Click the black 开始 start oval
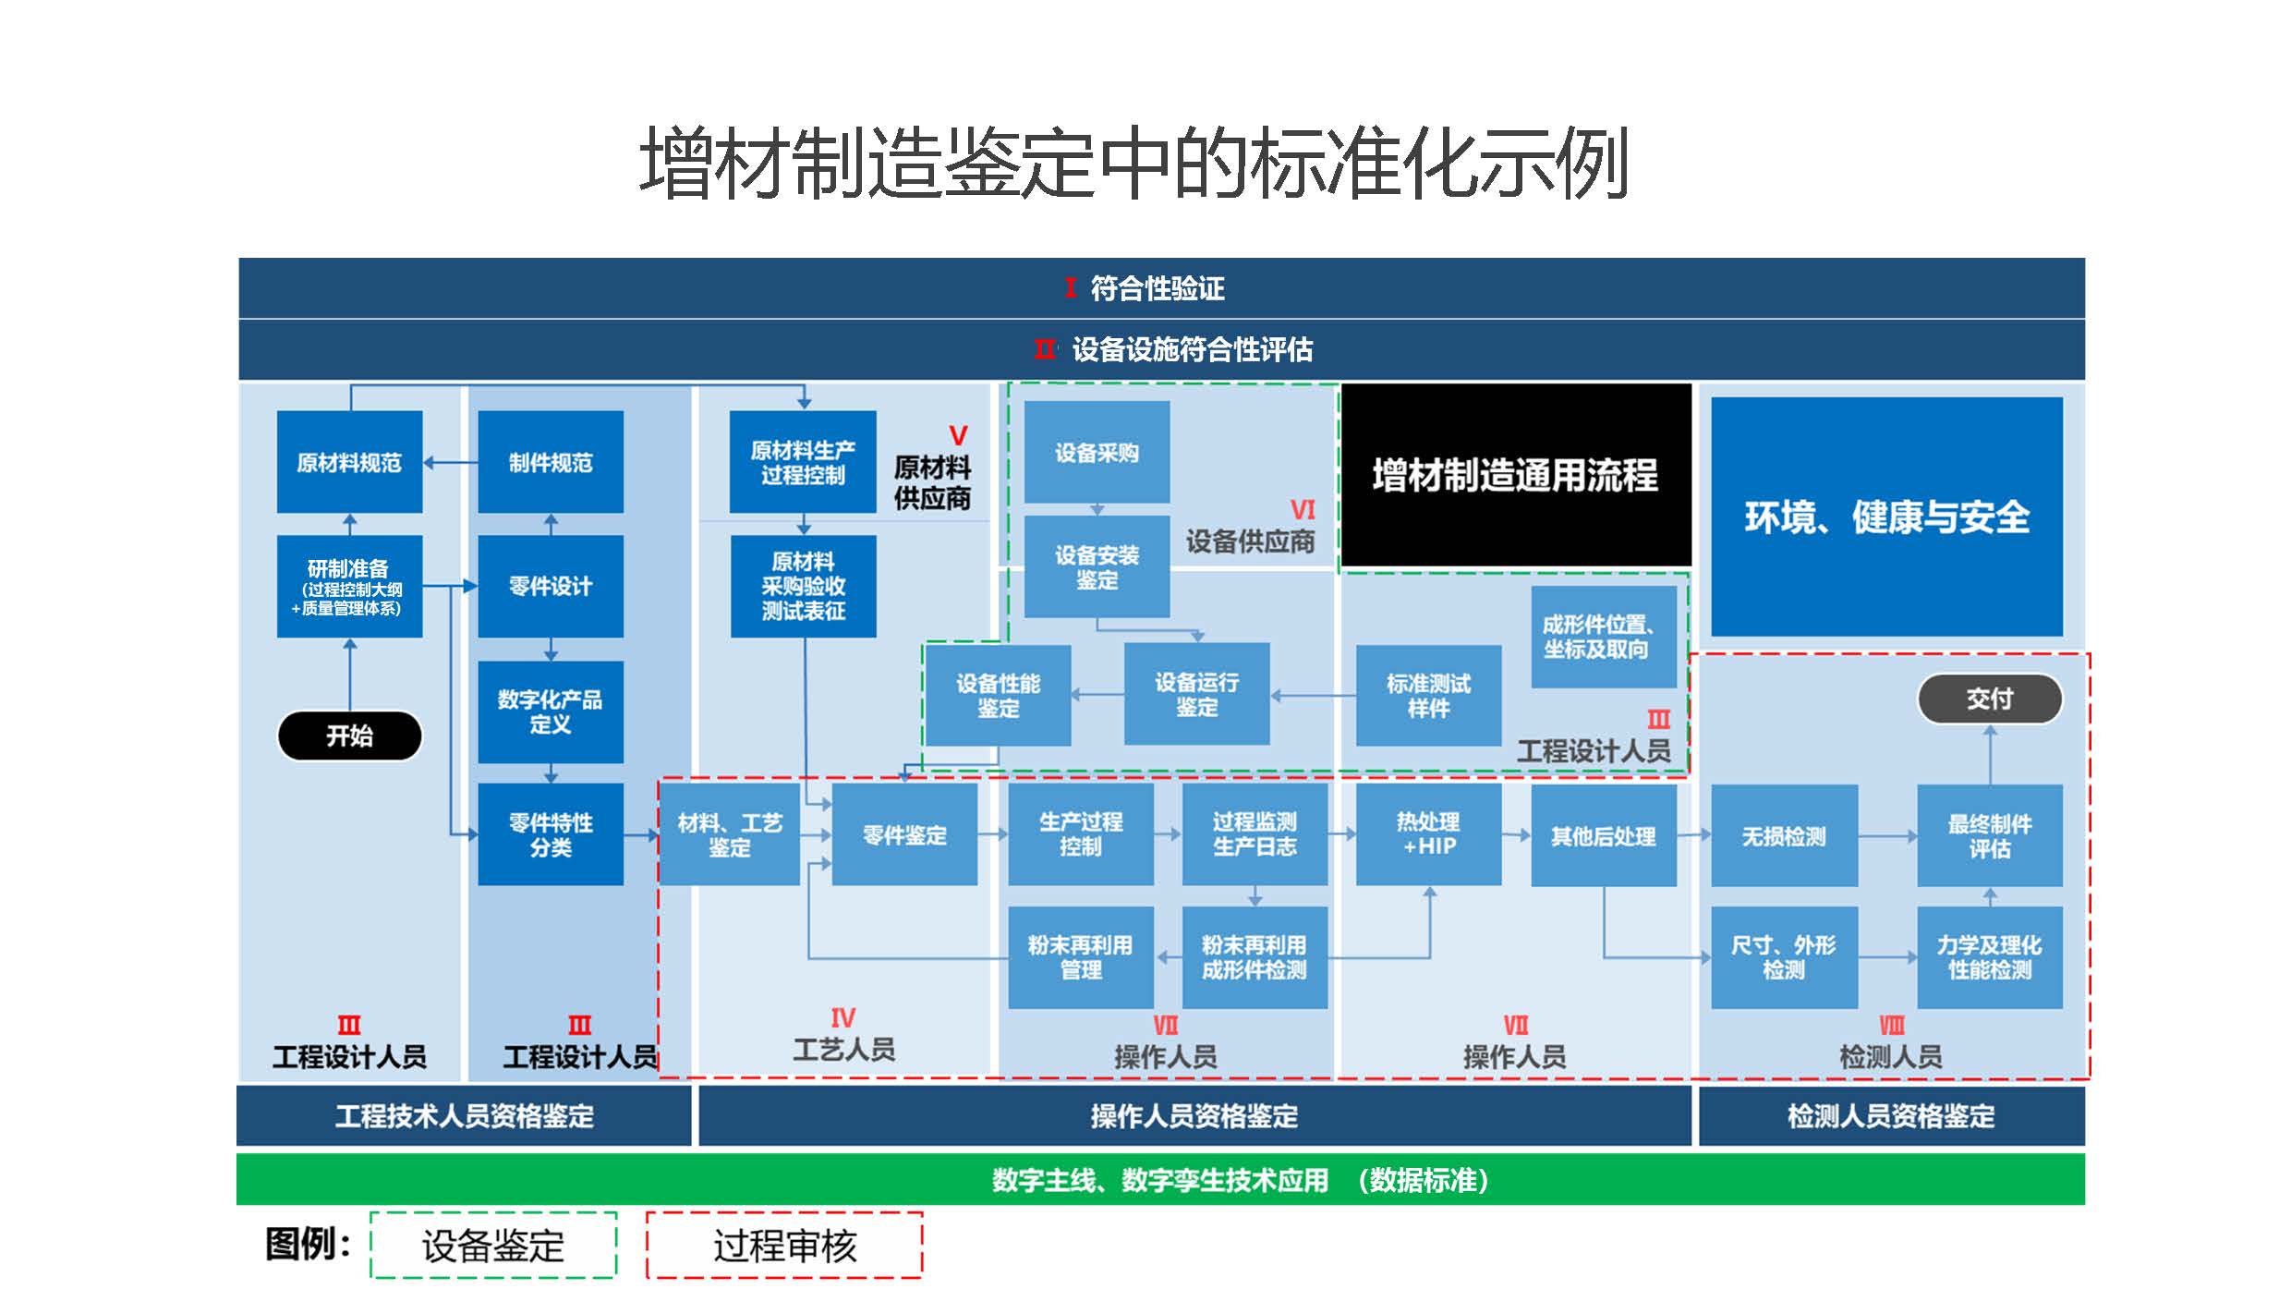pyautogui.click(x=349, y=736)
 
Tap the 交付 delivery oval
pyautogui.click(x=1989, y=699)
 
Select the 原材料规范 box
pyautogui.click(x=349, y=462)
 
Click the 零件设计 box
pyautogui.click(x=551, y=586)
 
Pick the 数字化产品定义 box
pyautogui.click(x=551, y=711)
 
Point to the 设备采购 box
pyautogui.click(x=1097, y=452)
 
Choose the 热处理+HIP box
pyautogui.click(x=1428, y=834)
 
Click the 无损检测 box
pyautogui.click(x=1784, y=836)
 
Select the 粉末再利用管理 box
pyautogui.click(x=1080, y=957)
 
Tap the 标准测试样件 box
pyautogui.click(x=1428, y=696)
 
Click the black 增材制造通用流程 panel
pyautogui.click(x=1515, y=475)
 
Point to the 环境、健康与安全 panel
pyautogui.click(x=1886, y=517)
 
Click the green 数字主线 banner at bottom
pyautogui.click(x=1160, y=1180)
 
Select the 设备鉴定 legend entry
pyautogui.click(x=493, y=1246)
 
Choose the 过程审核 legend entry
pyautogui.click(x=784, y=1246)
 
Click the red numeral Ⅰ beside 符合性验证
pyautogui.click(x=1070, y=287)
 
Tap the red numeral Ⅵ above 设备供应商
pyautogui.click(x=1302, y=510)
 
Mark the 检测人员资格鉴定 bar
pyautogui.click(x=1891, y=1116)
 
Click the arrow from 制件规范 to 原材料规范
pyautogui.click(x=451, y=462)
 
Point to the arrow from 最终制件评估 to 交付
pyautogui.click(x=1990, y=754)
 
